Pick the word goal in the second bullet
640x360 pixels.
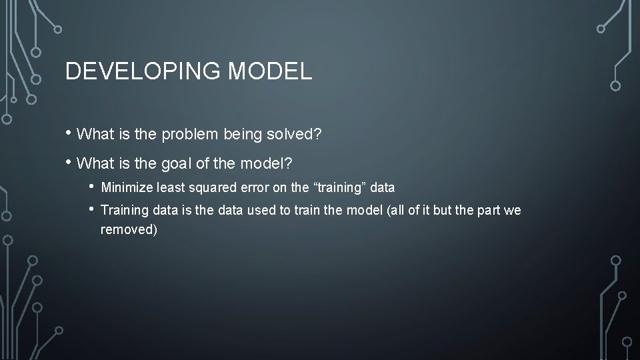[x=177, y=163]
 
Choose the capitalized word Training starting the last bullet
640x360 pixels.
[x=123, y=211]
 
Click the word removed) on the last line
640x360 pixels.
[x=128, y=230]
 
